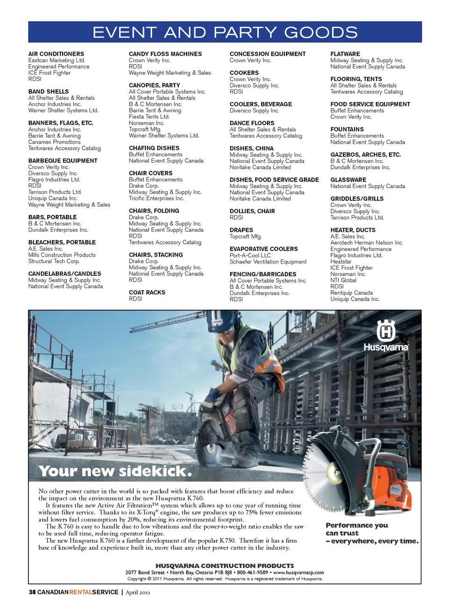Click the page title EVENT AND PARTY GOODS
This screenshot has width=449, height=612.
[225, 32]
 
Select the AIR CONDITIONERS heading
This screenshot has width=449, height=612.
[56, 54]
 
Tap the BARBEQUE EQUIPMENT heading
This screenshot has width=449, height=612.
[63, 161]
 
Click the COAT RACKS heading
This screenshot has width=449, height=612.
[147, 292]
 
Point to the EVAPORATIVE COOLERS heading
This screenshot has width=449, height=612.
[263, 249]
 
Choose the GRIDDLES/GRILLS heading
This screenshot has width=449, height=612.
[357, 199]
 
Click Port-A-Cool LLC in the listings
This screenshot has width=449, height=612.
[250, 256]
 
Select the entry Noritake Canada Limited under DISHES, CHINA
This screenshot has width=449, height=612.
[260, 167]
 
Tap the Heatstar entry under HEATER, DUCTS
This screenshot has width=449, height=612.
[341, 261]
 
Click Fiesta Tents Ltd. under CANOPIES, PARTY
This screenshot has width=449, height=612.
[149, 117]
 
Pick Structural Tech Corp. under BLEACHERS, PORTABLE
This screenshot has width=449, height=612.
[54, 261]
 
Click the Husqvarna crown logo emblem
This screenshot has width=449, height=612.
[386, 331]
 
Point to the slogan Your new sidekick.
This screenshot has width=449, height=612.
[115, 471]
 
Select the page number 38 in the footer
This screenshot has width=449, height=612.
[32, 592]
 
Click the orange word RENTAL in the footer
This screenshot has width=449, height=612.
[80, 592]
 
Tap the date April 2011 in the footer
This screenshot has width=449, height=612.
[138, 592]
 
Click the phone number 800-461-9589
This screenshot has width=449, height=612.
[253, 572]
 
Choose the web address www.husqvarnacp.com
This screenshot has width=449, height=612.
[298, 572]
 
